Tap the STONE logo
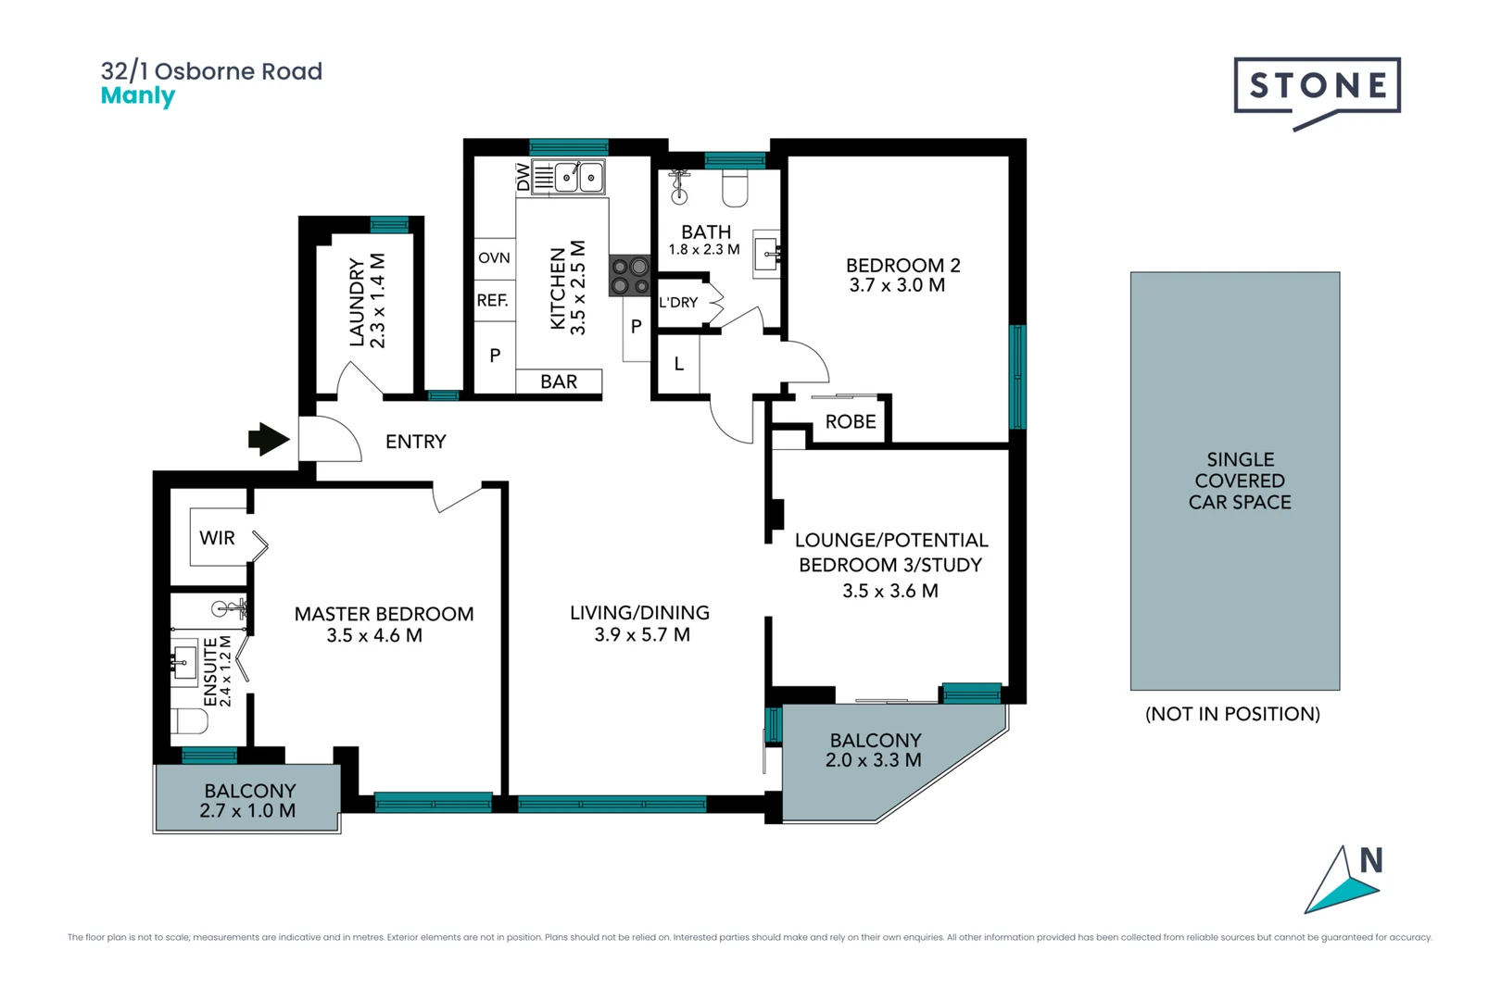(1317, 86)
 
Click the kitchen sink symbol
(580, 176)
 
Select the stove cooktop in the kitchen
(630, 276)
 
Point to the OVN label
(494, 257)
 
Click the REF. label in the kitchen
(493, 300)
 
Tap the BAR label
(559, 381)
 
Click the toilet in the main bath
(735, 189)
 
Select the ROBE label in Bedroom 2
(850, 421)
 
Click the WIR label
(217, 538)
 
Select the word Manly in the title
(137, 95)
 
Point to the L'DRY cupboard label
(678, 302)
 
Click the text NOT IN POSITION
(1232, 714)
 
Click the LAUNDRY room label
(357, 302)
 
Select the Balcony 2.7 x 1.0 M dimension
(247, 811)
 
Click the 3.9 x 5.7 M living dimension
(642, 635)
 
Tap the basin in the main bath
(765, 251)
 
